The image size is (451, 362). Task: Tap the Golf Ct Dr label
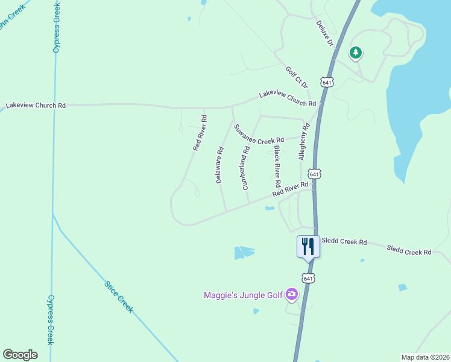[297, 77]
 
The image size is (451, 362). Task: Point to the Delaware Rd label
[220, 164]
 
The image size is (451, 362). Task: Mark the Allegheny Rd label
[304, 141]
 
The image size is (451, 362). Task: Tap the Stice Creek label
[118, 296]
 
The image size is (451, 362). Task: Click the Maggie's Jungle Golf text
[242, 295]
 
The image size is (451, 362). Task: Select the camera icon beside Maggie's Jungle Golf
[292, 294]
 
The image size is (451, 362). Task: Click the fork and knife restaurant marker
[308, 245]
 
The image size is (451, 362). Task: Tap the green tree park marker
[356, 53]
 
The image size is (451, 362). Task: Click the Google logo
[20, 355]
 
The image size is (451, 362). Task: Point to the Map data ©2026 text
[425, 357]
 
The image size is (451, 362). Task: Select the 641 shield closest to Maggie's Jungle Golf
[308, 278]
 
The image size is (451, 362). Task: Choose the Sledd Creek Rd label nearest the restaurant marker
[344, 242]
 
